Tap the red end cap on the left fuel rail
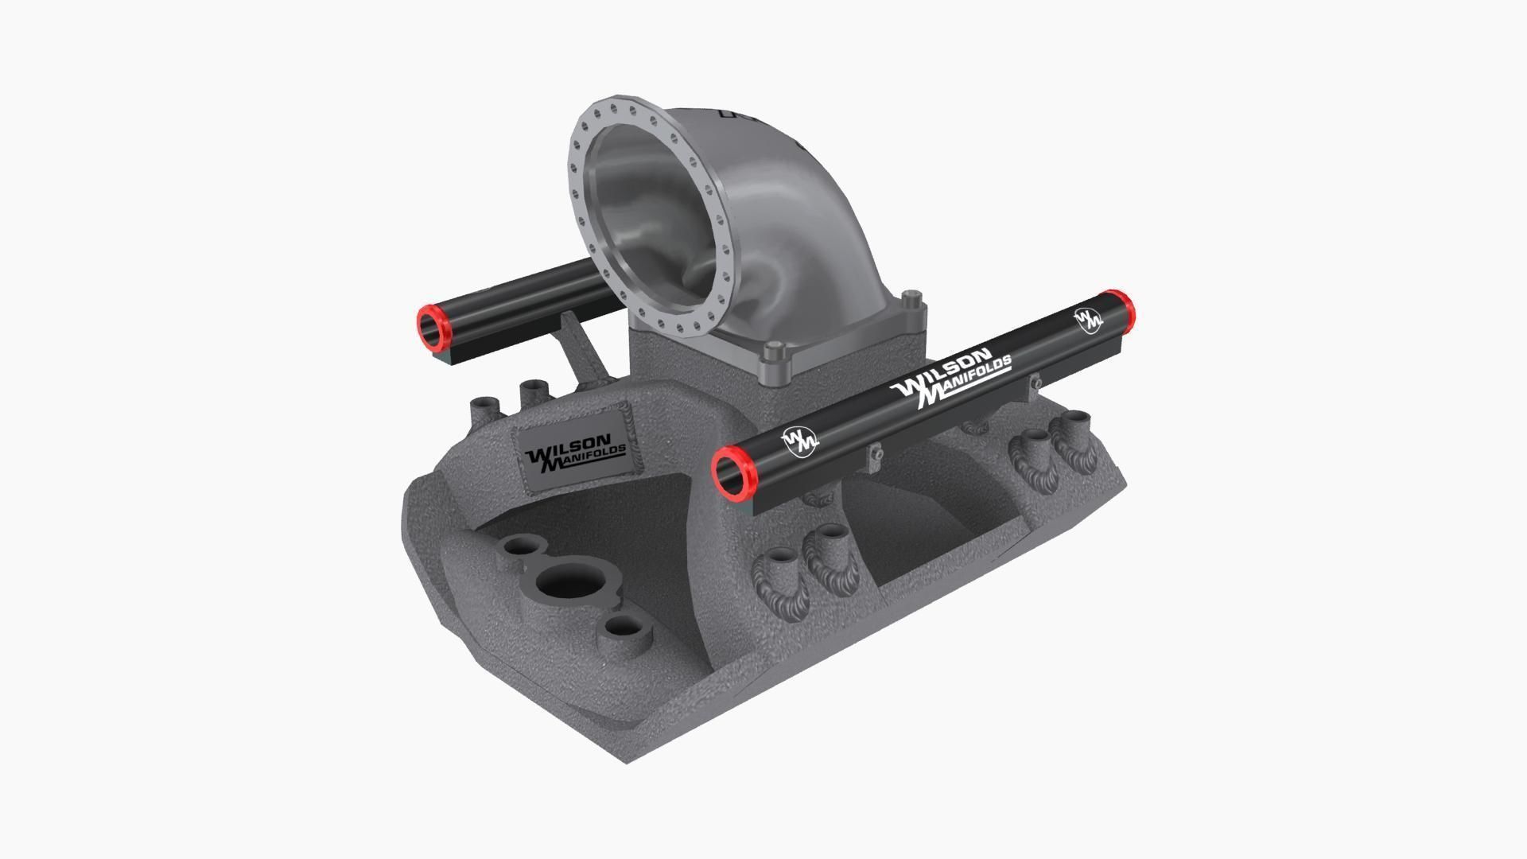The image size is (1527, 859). point(433,327)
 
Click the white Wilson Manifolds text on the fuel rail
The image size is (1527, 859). point(951,378)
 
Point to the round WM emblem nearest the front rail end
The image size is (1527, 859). point(798,441)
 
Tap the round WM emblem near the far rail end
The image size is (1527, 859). point(1088,319)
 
